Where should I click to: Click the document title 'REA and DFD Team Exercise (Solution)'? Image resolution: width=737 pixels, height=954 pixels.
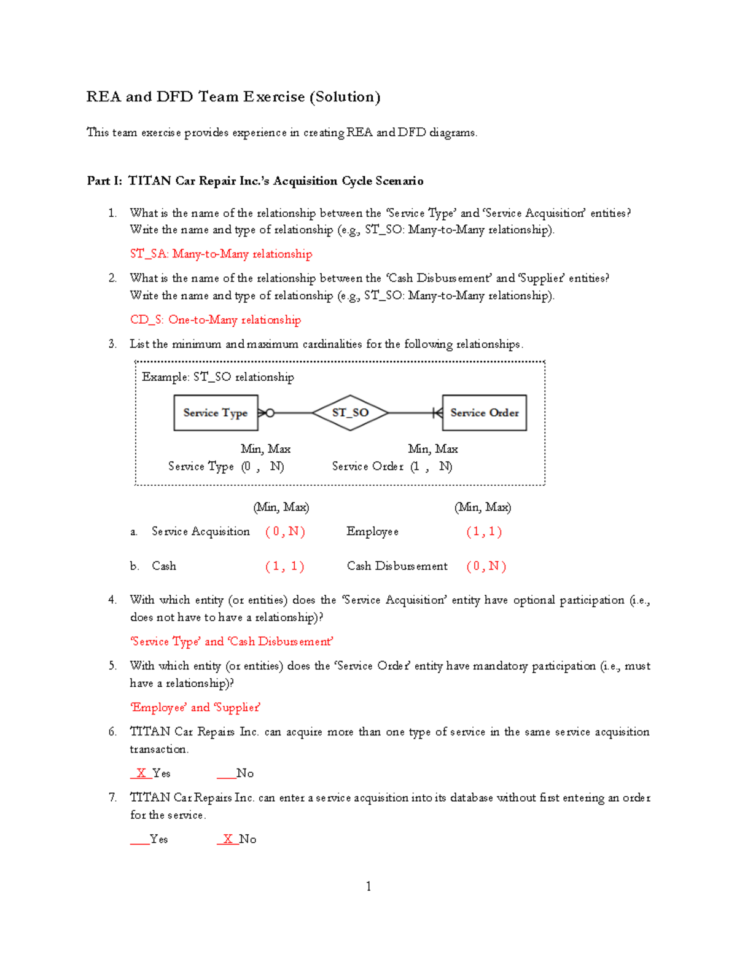233,97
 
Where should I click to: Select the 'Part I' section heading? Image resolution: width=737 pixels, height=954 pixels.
255,181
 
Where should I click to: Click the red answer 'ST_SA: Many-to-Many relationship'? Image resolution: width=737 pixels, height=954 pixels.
221,254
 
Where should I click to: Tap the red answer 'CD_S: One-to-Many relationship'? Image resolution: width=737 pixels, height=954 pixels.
216,319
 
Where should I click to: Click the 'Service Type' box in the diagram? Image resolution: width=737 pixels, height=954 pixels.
215,413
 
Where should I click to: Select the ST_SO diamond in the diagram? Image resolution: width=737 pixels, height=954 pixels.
350,413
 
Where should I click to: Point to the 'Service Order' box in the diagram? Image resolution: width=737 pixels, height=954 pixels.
484,413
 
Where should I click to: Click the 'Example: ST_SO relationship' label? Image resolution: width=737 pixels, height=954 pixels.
218,377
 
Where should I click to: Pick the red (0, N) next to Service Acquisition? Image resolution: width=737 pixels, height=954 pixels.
285,531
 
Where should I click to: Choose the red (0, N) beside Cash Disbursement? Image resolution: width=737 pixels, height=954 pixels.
486,566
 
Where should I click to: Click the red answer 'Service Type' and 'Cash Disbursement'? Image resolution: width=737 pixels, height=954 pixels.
232,641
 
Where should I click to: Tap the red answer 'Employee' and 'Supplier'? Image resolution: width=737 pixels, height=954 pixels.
195,707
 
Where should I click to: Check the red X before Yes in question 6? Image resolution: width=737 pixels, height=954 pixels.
141,773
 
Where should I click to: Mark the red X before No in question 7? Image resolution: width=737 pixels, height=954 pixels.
228,839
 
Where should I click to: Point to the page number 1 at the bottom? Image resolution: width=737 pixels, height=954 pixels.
368,886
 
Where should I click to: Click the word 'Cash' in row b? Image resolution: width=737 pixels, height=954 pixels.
164,566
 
